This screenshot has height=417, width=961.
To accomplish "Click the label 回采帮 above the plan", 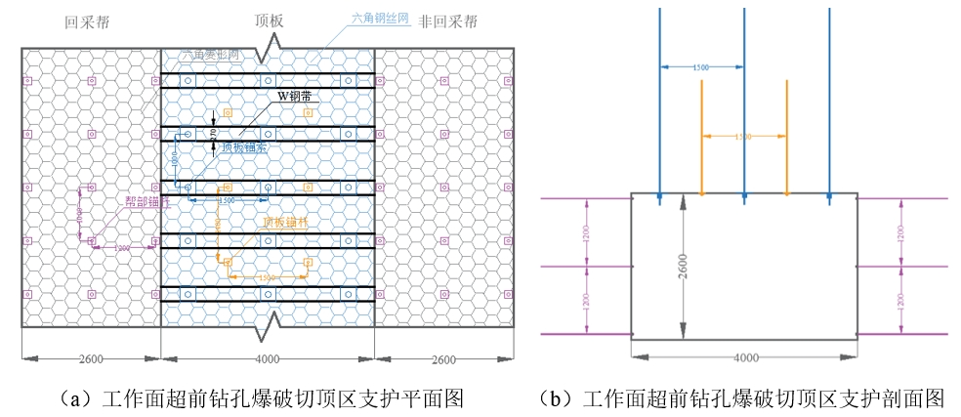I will (85, 21).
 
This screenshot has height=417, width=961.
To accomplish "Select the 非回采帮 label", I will (449, 21).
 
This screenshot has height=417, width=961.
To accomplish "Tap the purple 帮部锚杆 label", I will (146, 202).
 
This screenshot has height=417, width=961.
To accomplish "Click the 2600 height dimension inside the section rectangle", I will (682, 265).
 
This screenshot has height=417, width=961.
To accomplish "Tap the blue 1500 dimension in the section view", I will (700, 67).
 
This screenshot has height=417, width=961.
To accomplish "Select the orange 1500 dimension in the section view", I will (743, 138).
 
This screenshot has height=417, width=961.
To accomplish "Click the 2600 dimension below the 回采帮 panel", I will (91, 359).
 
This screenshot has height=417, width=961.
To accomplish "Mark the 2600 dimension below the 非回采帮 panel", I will (443, 359).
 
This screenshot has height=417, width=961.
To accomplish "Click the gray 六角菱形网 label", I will (209, 56).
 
